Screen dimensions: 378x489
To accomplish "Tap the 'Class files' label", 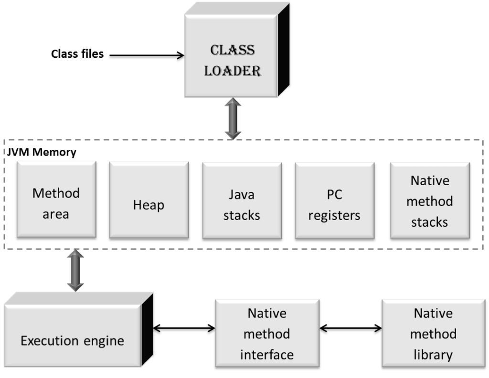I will (x=77, y=54).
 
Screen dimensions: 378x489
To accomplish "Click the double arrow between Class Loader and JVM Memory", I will (x=233, y=119).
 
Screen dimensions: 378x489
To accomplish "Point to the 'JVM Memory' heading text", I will (x=41, y=153).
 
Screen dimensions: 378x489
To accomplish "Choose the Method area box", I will (x=56, y=203).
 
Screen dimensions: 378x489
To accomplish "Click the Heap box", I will (x=149, y=205).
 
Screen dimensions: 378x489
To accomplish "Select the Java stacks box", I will (x=242, y=205).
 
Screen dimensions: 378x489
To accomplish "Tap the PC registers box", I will (x=334, y=205).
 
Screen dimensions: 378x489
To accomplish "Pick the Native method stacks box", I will (x=429, y=201).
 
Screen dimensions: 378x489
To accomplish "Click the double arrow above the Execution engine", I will (x=75, y=270).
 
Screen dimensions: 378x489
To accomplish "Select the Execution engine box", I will (x=73, y=340).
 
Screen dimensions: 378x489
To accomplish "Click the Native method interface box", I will (x=267, y=334).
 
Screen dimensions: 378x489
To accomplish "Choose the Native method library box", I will (x=433, y=334).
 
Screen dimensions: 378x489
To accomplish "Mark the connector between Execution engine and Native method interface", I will (x=184, y=329).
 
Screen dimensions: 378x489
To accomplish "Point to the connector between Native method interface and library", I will (x=351, y=329).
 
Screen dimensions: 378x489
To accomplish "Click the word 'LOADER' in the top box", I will (x=233, y=71).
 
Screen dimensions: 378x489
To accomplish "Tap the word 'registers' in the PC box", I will (x=334, y=215).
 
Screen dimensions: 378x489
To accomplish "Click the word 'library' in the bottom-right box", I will (x=433, y=355).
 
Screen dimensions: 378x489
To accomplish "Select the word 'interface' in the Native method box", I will (x=267, y=355).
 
